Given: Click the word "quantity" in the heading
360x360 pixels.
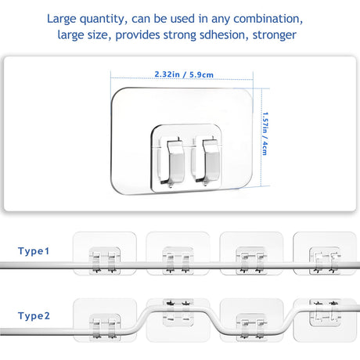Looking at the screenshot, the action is click(102, 20).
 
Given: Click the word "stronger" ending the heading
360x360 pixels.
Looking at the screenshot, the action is click(274, 36).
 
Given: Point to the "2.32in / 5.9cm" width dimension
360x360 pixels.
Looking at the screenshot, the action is click(184, 74).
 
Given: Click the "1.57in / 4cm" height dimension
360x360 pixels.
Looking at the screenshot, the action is click(265, 134).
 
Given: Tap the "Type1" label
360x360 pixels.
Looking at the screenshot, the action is click(34, 251).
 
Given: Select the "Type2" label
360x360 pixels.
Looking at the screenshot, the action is click(34, 316).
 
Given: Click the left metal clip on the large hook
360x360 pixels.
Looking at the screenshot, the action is click(174, 161).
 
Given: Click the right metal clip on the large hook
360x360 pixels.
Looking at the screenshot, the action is click(207, 160).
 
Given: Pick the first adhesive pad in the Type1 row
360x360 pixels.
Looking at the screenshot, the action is click(105, 254).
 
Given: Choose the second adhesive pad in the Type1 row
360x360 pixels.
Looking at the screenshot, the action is click(178, 254).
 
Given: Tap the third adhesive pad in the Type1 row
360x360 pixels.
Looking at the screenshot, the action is click(251, 254).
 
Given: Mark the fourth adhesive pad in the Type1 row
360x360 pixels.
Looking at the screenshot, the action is click(325, 254).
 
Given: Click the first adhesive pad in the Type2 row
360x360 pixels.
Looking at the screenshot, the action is click(105, 320).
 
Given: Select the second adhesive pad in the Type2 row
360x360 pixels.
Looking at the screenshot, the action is click(178, 320).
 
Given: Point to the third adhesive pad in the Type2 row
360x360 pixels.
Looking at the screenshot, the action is click(251, 320).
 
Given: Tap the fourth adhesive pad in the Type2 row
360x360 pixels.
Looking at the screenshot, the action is click(325, 320).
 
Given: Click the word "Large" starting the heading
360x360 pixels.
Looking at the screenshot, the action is click(62, 20).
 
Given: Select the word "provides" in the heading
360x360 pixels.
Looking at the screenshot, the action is click(138, 35).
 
